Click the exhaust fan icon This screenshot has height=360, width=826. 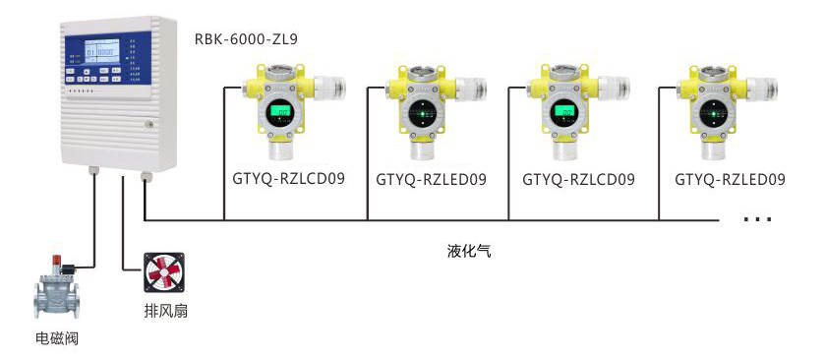(x=163, y=272)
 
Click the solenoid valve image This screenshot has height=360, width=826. (x=59, y=291)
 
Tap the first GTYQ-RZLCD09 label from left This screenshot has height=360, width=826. (x=290, y=180)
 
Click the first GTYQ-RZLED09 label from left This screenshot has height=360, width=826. (x=432, y=180)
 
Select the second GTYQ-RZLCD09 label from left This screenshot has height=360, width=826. (x=578, y=180)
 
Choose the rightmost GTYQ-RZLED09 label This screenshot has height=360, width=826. (x=730, y=180)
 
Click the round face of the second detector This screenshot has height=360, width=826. (x=424, y=113)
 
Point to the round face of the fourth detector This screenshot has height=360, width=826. (x=712, y=113)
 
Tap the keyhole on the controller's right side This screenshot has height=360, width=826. (x=149, y=125)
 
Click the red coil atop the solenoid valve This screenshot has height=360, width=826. (x=59, y=265)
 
